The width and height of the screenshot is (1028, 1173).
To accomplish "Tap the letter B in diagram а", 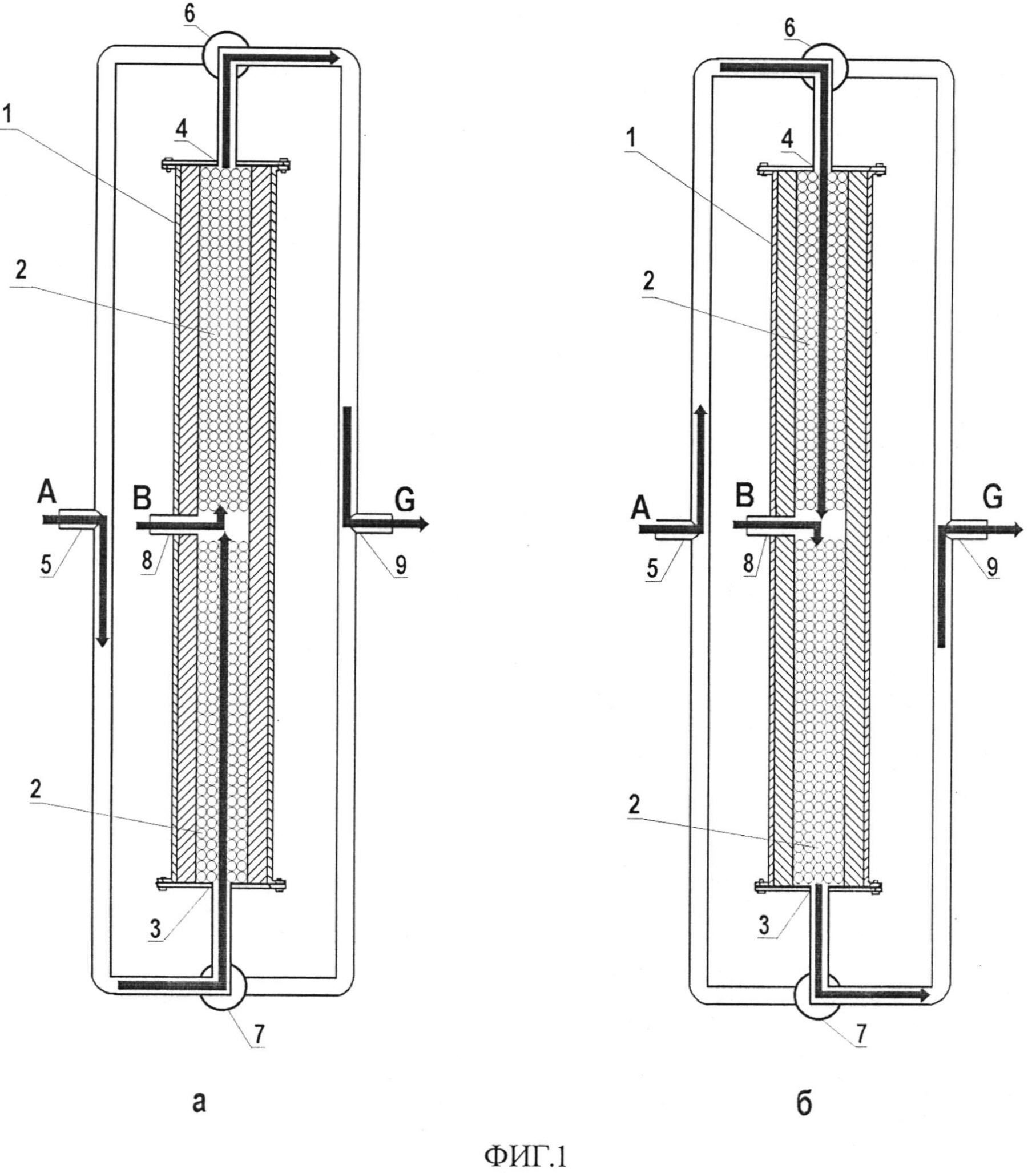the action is (x=142, y=498).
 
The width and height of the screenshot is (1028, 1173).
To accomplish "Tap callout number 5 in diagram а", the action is (x=46, y=565).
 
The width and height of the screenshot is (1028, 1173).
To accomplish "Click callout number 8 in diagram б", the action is (x=748, y=564).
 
